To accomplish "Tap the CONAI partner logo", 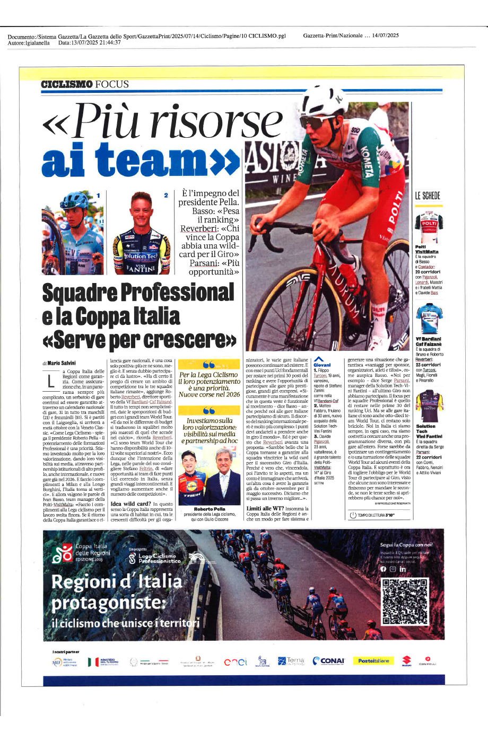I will [329, 661].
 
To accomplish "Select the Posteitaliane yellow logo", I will [373, 661].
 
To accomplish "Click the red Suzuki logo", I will [406, 661].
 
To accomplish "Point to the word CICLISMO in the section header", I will [67, 84].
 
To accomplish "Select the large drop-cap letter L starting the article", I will [50, 381].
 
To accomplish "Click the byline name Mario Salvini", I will [61, 363].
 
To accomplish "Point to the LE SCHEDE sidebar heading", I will [428, 196].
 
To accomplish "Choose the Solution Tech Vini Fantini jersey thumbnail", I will [429, 407].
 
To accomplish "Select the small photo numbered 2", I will [142, 232].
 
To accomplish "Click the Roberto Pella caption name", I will [210, 509].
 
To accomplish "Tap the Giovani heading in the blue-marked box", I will [322, 365].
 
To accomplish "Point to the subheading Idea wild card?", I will [130, 503].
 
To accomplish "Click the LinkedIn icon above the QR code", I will [403, 569].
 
